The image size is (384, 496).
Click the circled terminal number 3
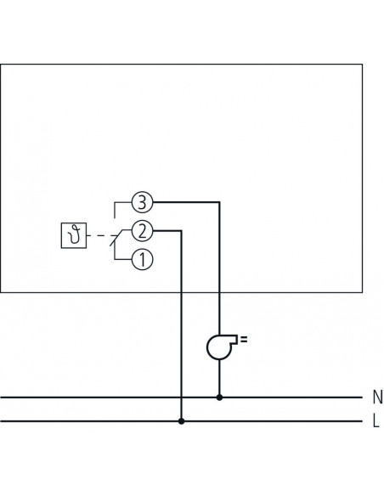pyautogui.click(x=142, y=202)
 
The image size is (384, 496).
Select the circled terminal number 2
pyautogui.click(x=142, y=230)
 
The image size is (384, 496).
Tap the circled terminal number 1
pyautogui.click(x=142, y=259)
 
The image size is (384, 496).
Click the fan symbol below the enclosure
pyautogui.click(x=219, y=346)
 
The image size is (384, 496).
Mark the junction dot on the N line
pyautogui.click(x=220, y=397)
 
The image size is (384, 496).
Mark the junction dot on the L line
pyautogui.click(x=181, y=420)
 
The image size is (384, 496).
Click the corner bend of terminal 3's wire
pyautogui.click(x=220, y=202)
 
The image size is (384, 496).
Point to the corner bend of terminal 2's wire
pyautogui.click(x=181, y=230)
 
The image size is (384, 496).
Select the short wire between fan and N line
pyautogui.click(x=220, y=379)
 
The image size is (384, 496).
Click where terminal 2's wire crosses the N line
pyautogui.click(x=181, y=397)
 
